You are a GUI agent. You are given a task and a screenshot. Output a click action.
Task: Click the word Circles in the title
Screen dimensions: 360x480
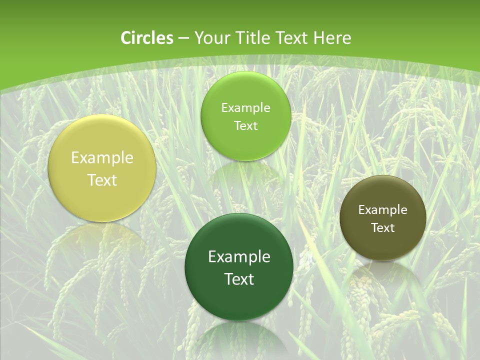pos(146,38)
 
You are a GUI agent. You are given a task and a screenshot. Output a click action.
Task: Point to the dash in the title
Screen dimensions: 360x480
pos(183,38)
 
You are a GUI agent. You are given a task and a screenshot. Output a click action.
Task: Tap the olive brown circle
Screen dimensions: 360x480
pos(382,245)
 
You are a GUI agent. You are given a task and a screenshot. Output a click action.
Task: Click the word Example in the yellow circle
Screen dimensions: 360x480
pos(102,158)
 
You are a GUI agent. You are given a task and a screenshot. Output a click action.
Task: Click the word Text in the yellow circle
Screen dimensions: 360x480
pos(102,180)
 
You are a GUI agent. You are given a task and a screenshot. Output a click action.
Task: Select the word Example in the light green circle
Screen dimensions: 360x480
pos(245,108)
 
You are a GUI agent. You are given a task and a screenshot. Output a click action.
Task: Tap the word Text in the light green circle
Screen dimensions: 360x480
pos(245,126)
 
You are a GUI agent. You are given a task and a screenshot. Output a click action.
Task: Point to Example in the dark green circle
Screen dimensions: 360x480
pos(239,257)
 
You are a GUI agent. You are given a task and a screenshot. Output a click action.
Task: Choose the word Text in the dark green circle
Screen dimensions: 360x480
pos(239,279)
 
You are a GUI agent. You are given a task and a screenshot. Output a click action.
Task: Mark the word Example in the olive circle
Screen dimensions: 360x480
pos(382,210)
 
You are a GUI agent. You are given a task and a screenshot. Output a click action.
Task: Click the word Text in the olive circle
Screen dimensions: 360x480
pos(382,228)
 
